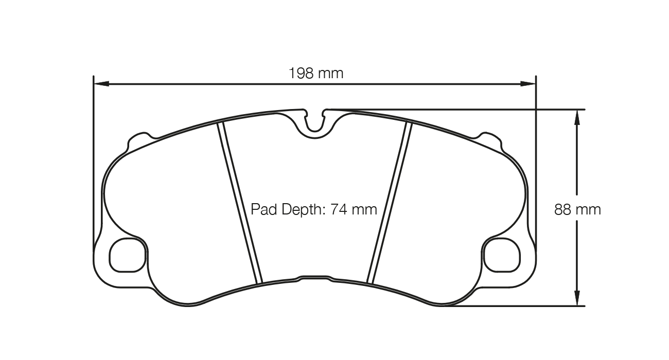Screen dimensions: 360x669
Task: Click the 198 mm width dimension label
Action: tap(315, 74)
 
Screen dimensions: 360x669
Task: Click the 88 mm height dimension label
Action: tap(577, 210)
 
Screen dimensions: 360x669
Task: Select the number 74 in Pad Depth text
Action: tap(340, 209)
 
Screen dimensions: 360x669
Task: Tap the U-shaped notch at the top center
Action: tap(314, 123)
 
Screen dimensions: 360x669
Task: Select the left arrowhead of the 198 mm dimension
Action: tap(100, 83)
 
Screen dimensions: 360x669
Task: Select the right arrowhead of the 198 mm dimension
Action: tap(529, 83)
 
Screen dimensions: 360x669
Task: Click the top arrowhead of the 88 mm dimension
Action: tap(577, 117)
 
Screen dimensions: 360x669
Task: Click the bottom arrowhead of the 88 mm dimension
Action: tap(577, 299)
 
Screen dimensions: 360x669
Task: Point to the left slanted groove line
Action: tap(240, 203)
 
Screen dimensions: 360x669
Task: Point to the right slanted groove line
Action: tap(390, 203)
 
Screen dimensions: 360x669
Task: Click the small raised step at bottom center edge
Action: tap(314, 277)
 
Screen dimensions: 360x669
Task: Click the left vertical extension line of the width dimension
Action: tap(93, 154)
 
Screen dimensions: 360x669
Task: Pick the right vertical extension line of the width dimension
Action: tap(536, 154)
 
